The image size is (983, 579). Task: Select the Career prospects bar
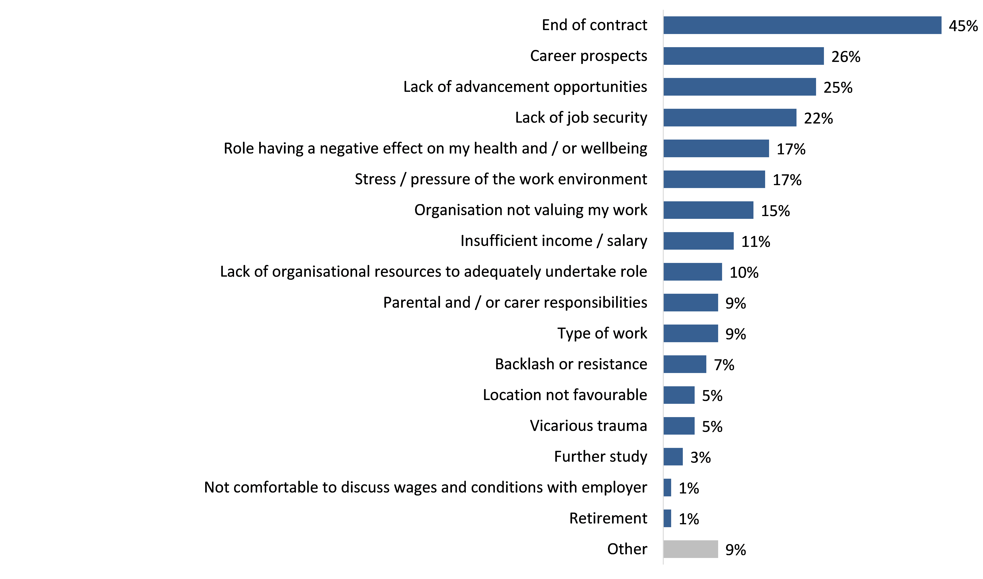[x=744, y=56]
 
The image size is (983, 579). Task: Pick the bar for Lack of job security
[x=730, y=118]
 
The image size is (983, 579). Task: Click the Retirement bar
[x=667, y=519]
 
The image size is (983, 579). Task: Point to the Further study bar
[x=673, y=457]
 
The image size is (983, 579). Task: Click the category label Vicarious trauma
[x=588, y=426]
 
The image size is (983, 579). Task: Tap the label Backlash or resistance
[x=571, y=364]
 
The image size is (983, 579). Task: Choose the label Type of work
[x=602, y=334]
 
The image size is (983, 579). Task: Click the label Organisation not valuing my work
[x=530, y=210]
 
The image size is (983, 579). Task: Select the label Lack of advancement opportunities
[x=525, y=87]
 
